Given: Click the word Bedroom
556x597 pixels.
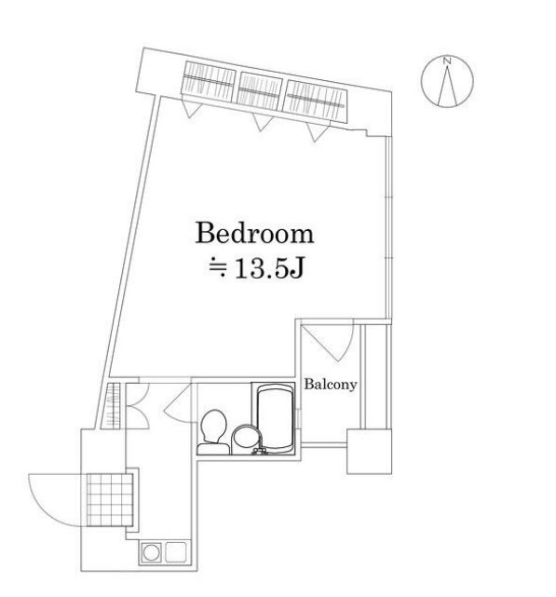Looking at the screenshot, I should tap(252, 233).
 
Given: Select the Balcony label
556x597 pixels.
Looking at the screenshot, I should tap(331, 383).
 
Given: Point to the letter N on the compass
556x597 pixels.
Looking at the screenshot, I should tap(447, 62).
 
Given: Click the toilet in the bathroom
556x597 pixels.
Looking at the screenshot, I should tap(212, 429).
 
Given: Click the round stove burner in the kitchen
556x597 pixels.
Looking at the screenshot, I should tap(152, 553).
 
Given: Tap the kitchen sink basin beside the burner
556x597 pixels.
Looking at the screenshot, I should tap(175, 553).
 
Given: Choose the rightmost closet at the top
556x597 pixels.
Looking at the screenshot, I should tap(317, 97).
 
